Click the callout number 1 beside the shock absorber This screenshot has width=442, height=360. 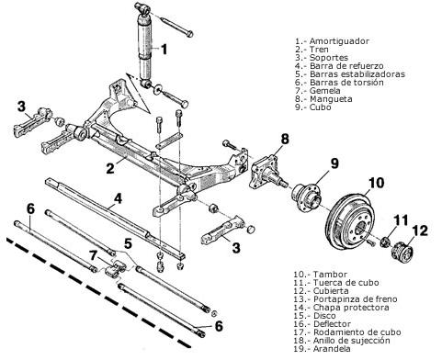164,50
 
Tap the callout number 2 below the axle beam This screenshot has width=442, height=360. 110,168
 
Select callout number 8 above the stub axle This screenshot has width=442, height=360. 285,140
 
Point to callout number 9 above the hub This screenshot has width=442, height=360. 334,163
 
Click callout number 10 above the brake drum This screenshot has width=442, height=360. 376,183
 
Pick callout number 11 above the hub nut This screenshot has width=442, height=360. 401,220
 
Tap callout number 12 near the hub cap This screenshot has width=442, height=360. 420,231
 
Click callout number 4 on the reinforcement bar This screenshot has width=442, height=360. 118,199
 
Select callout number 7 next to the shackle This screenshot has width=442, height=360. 94,254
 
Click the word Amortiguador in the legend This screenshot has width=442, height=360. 339,41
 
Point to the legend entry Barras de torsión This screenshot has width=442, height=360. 346,83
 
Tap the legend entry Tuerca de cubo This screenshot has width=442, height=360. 346,283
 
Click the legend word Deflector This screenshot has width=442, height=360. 332,324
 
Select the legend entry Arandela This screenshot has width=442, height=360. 332,349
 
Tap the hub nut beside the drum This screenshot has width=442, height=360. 385,242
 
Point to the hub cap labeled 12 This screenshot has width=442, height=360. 402,252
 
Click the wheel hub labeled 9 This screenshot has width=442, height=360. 305,197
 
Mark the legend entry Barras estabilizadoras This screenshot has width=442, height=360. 357,74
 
